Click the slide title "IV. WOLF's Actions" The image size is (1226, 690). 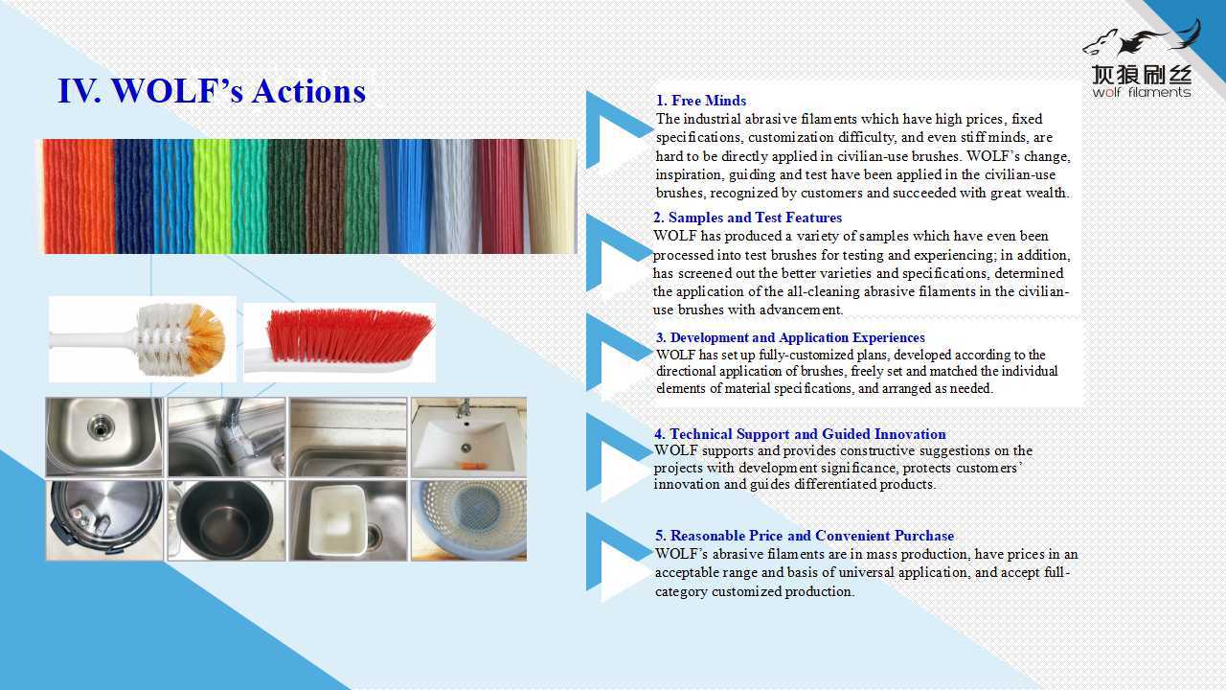coord(212,91)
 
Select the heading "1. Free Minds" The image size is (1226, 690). coord(701,101)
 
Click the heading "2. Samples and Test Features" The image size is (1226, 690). coord(747,218)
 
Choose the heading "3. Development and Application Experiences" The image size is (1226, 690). coord(790,337)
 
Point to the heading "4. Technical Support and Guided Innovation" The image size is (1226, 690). coord(800,434)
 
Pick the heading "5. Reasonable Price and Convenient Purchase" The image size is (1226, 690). coord(805,536)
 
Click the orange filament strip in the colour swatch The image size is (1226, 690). coord(79,196)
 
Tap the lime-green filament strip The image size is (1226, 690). coord(212,196)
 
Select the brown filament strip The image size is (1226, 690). coord(325,196)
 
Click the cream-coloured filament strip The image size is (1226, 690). coord(550,196)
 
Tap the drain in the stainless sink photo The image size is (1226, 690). coord(101,426)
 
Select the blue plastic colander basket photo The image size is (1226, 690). coord(469,520)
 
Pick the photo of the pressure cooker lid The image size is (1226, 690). coord(104,520)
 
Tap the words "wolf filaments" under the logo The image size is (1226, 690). coord(1141,92)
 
